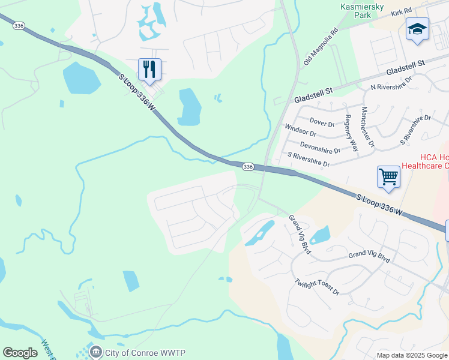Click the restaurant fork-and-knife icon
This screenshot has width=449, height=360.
[x=149, y=69]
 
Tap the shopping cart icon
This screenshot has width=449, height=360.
[x=389, y=177]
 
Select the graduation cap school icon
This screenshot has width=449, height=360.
[x=417, y=29]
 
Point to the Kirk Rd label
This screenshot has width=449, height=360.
[x=400, y=11]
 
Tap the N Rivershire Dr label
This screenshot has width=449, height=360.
[x=391, y=83]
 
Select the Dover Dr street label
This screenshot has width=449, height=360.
[x=322, y=122]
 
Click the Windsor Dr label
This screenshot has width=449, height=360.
[x=300, y=130]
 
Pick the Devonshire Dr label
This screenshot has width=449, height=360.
[x=320, y=147]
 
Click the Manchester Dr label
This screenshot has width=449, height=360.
[x=367, y=127]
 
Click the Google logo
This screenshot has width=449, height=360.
[x=20, y=353]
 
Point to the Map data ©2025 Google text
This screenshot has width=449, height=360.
[x=412, y=355]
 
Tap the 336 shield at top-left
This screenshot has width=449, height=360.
[x=19, y=26]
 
